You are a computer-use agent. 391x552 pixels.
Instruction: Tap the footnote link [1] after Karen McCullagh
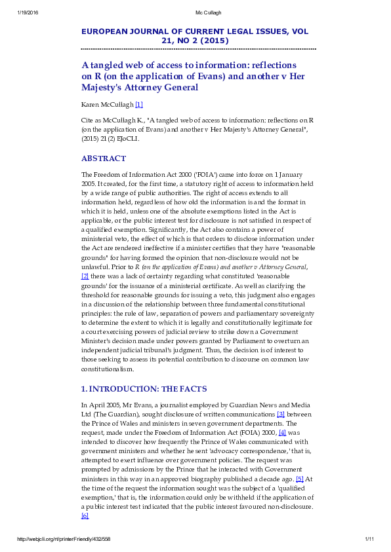[x=138, y=105]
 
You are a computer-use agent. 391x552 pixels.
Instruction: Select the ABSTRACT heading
[x=103, y=159]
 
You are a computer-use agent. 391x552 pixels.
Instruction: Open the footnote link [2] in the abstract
[x=85, y=295]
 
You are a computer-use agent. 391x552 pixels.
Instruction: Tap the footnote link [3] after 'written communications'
[x=281, y=414]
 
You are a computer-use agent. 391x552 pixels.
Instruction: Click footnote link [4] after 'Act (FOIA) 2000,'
[x=282, y=433]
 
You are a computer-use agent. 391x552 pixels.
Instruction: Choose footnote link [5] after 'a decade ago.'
[x=299, y=479]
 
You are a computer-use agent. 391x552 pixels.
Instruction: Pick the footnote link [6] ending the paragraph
[x=85, y=516]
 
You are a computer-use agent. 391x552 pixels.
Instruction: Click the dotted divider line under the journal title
[x=198, y=48]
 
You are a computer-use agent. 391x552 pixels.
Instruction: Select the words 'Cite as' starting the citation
[x=93, y=121]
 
